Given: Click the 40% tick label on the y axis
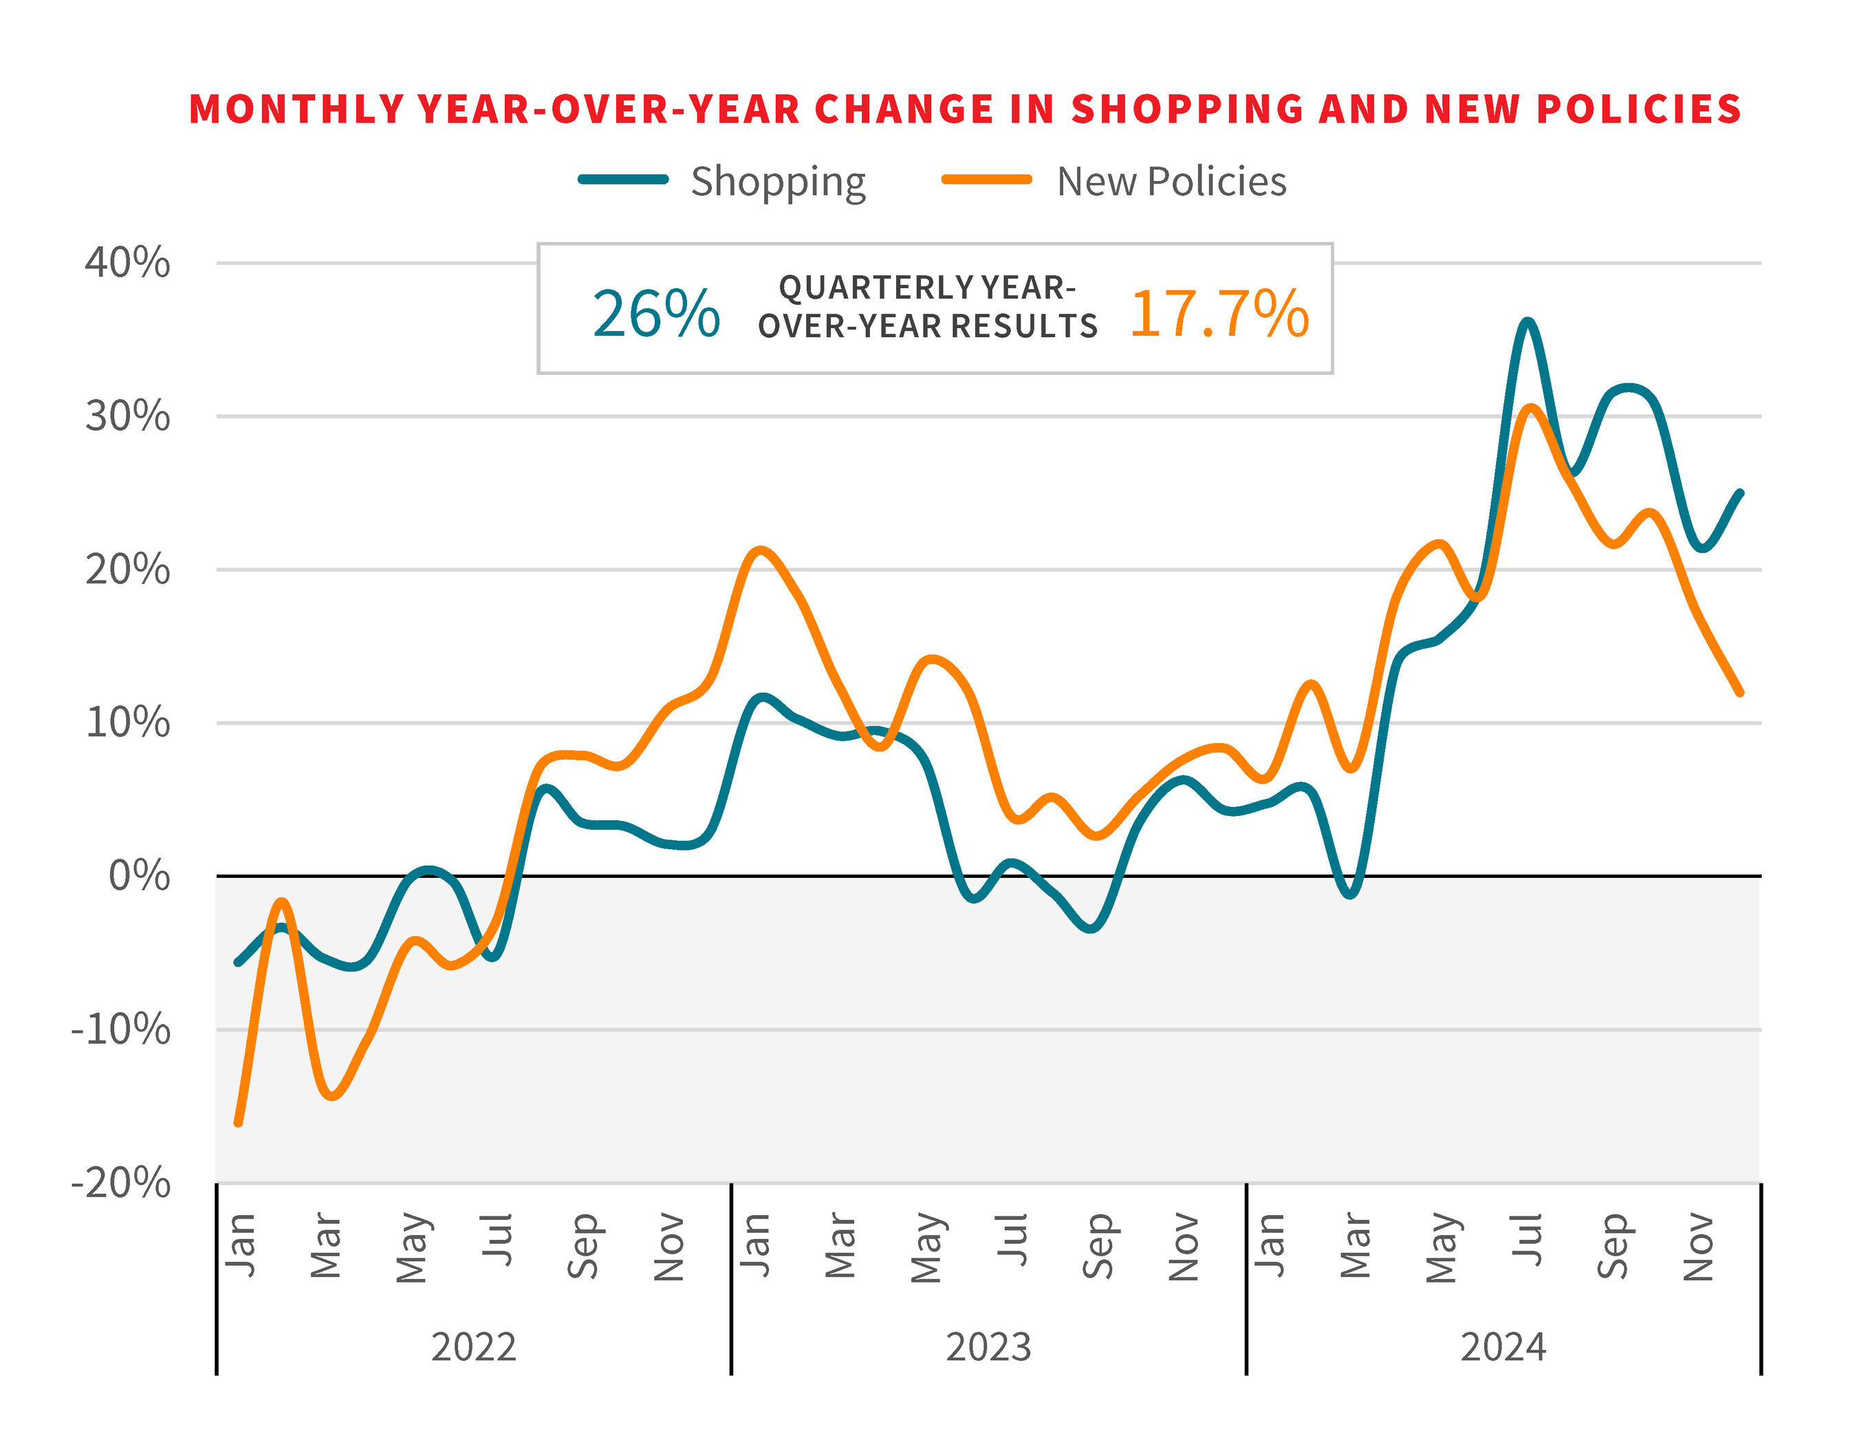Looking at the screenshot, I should pos(127,263).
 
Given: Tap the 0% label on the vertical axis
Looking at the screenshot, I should pos(140,876).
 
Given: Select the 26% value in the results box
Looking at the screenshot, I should pos(655,314).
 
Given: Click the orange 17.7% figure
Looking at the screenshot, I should pos(1219,314).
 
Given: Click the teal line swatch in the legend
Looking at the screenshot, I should pos(623,180).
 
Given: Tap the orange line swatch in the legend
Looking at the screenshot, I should pos(987,180).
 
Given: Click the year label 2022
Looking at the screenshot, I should pos(474,1347).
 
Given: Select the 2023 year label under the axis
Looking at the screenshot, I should pos(988,1347).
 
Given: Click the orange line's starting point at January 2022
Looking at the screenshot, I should pos(238,1124).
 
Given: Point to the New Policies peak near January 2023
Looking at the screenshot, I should pos(759,550).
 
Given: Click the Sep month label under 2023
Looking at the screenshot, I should pos(1098,1246).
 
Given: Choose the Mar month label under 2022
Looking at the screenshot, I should pos(327,1246).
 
